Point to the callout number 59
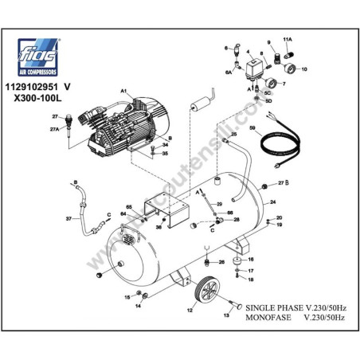253,128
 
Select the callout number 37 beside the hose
68,217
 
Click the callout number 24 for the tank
272,202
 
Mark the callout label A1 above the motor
125,93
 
